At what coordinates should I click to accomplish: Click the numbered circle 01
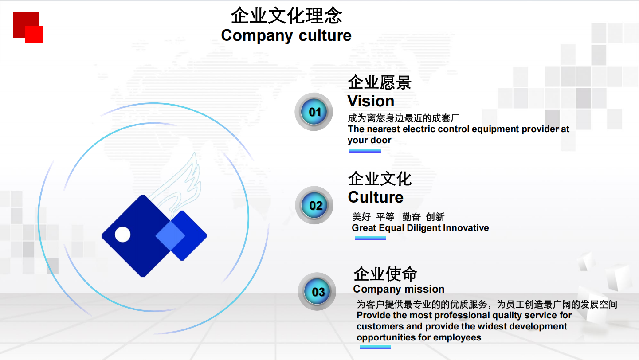click(x=314, y=112)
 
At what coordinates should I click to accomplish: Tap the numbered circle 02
click(x=314, y=205)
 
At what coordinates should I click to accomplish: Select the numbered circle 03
click(x=317, y=292)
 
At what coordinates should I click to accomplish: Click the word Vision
click(x=371, y=101)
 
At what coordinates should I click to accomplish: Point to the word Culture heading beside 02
click(x=376, y=197)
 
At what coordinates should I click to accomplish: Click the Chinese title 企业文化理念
click(x=286, y=16)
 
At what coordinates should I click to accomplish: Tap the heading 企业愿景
click(x=380, y=82)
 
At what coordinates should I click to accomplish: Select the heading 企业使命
click(x=385, y=274)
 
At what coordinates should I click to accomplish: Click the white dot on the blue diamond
click(x=123, y=235)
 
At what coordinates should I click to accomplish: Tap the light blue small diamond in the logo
click(x=170, y=236)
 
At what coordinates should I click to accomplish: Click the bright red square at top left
click(x=34, y=35)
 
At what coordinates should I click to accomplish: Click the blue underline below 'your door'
click(x=365, y=150)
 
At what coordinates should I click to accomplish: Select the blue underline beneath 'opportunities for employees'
click(x=375, y=347)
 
